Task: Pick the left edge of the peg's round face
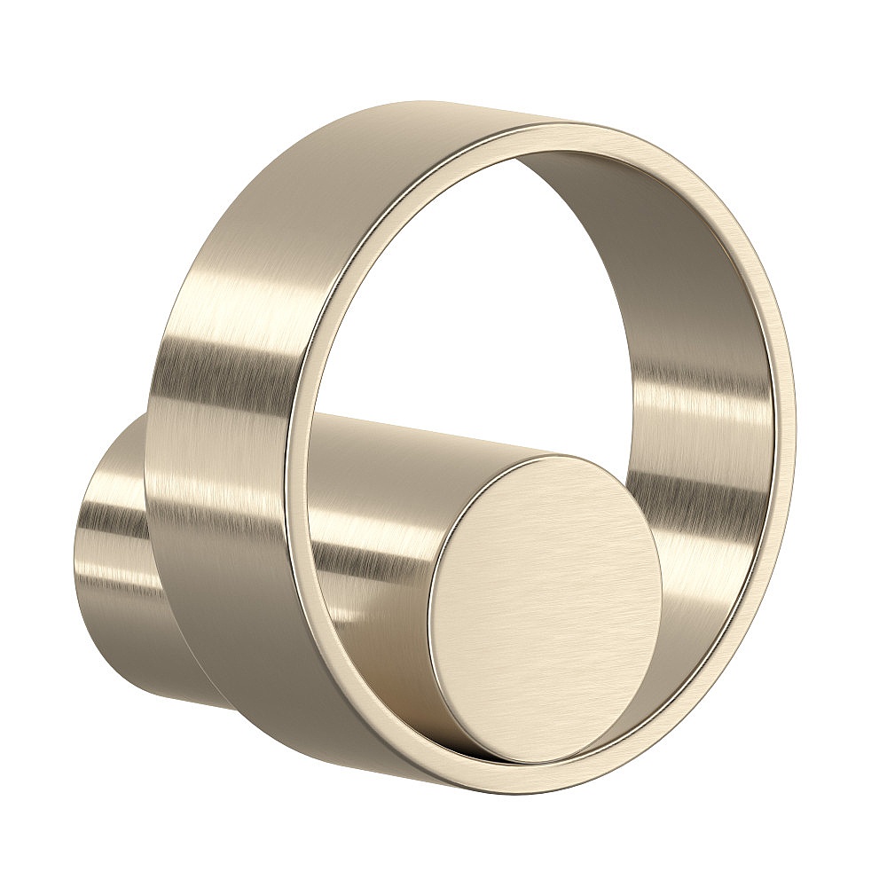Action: [x=430, y=621]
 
